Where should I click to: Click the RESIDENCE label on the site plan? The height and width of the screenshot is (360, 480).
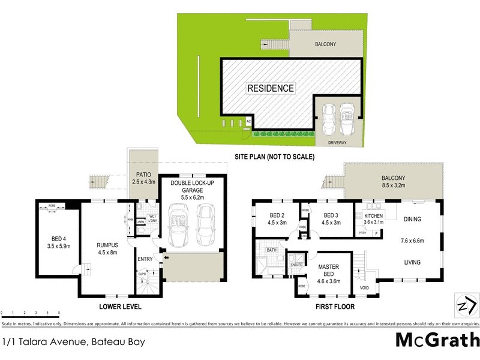pyautogui.click(x=271, y=88)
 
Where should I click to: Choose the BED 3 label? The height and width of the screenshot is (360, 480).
pyautogui.click(x=331, y=219)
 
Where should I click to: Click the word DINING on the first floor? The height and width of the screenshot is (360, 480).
pyautogui.click(x=413, y=220)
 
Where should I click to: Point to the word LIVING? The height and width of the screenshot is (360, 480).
pyautogui.click(x=412, y=262)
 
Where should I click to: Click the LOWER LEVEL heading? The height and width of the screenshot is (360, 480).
pyautogui.click(x=119, y=307)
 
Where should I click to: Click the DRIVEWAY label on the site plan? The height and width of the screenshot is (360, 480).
pyautogui.click(x=338, y=142)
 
